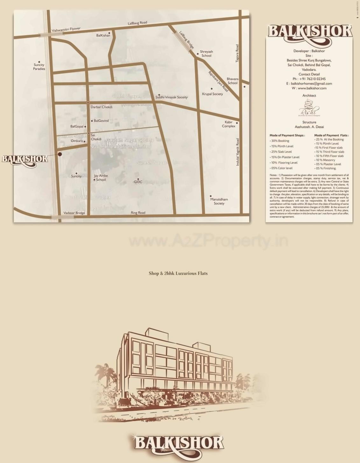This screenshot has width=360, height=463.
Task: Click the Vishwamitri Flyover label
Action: pyautogui.click(x=66, y=30)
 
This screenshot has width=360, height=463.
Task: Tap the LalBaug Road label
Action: pyautogui.click(x=138, y=23)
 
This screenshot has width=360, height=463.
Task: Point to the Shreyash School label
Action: pyautogui.click(x=206, y=53)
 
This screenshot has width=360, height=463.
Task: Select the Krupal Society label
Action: pyautogui.click(x=212, y=94)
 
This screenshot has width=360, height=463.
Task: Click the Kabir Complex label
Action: pyautogui.click(x=229, y=124)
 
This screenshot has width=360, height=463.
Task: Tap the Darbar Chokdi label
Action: pyautogui.click(x=101, y=107)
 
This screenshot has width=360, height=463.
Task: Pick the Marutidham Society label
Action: pyautogui.click(x=219, y=201)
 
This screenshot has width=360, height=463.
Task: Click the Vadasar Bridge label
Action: pyautogui.click(x=74, y=213)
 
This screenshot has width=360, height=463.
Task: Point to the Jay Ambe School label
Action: pyautogui.click(x=101, y=178)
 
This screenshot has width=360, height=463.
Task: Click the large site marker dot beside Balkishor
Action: pyautogui.click(x=60, y=154)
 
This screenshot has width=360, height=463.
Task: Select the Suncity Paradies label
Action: pyautogui.click(x=39, y=67)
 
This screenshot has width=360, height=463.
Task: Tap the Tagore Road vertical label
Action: pyautogui.click(x=237, y=53)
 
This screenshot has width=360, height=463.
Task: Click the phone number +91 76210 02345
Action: pyautogui.click(x=309, y=79)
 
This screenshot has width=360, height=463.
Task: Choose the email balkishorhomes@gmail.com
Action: pyautogui.click(x=309, y=84)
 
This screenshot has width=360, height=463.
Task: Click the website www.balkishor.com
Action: pyautogui.click(x=309, y=88)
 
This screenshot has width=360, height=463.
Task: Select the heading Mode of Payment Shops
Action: pyautogui.click(x=287, y=135)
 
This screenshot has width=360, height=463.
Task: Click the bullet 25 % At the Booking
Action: pyautogui.click(x=329, y=139)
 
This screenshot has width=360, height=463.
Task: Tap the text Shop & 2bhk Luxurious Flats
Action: pyautogui.click(x=178, y=273)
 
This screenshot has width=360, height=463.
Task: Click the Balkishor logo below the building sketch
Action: pyautogui.click(x=179, y=444)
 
